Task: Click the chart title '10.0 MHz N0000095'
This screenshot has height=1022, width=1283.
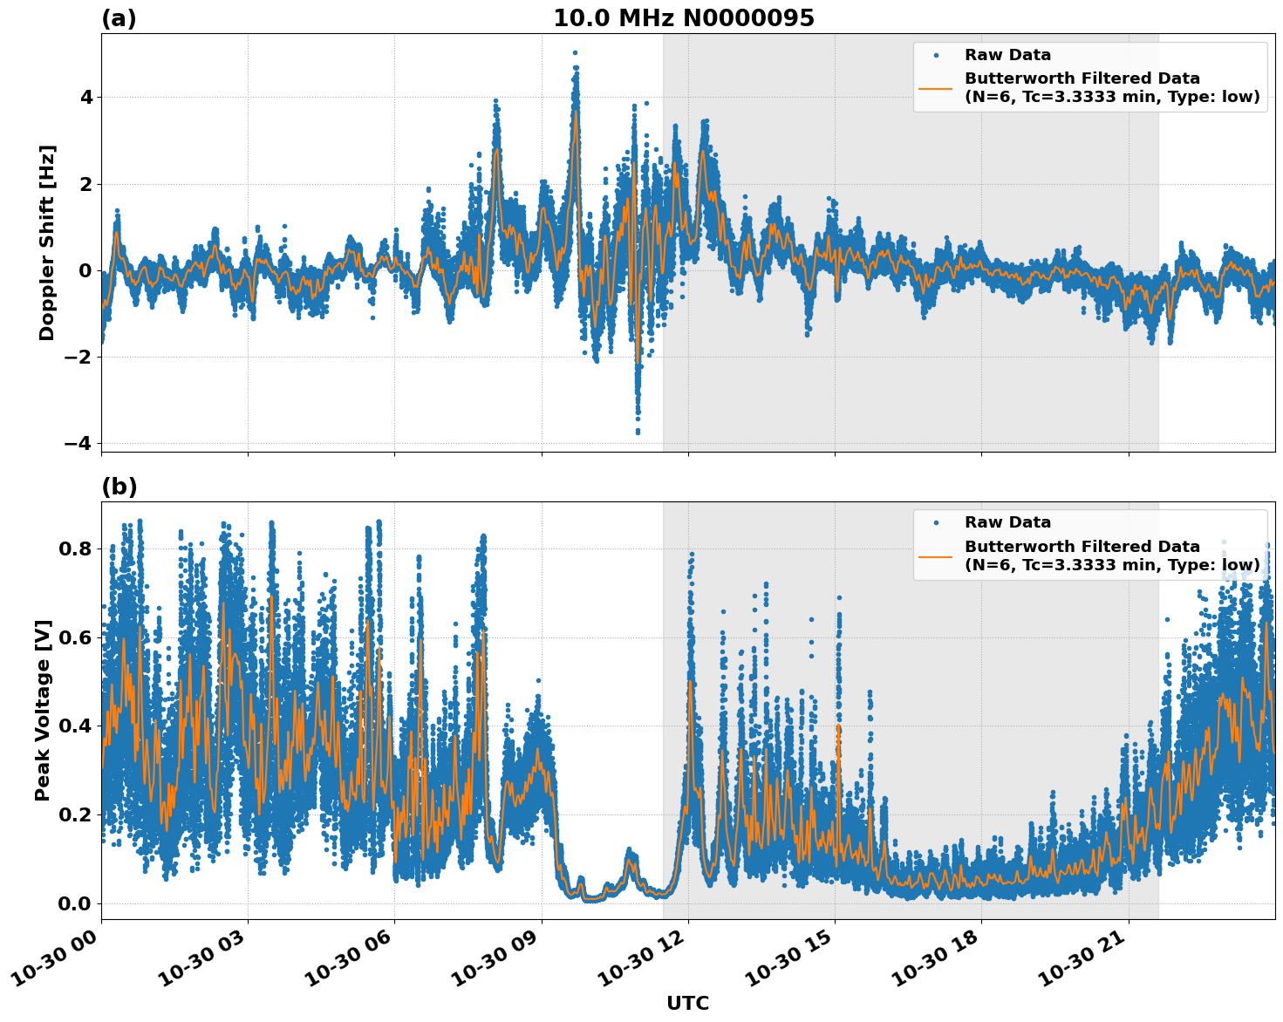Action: point(683,18)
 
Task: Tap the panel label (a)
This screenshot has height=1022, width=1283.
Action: point(119,18)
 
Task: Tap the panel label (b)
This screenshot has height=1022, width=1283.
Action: point(119,487)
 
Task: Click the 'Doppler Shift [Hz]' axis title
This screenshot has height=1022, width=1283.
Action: point(47,242)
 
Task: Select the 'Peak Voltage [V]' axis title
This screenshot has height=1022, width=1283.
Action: point(43,710)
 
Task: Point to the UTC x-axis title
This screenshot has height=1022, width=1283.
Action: point(687,1003)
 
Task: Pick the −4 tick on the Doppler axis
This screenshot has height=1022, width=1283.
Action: point(78,443)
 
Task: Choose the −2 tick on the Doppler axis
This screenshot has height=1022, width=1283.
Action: point(78,357)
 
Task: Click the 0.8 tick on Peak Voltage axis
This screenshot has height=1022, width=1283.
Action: point(75,548)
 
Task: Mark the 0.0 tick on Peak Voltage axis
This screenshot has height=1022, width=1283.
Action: point(75,903)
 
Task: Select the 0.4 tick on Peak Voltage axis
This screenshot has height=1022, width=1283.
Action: point(75,726)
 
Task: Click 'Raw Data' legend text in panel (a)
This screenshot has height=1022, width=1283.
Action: point(1007,55)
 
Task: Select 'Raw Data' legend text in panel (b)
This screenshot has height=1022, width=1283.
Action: point(1007,522)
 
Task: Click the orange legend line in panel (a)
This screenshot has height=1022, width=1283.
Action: point(935,88)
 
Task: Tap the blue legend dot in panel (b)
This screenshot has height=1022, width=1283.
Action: point(935,523)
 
